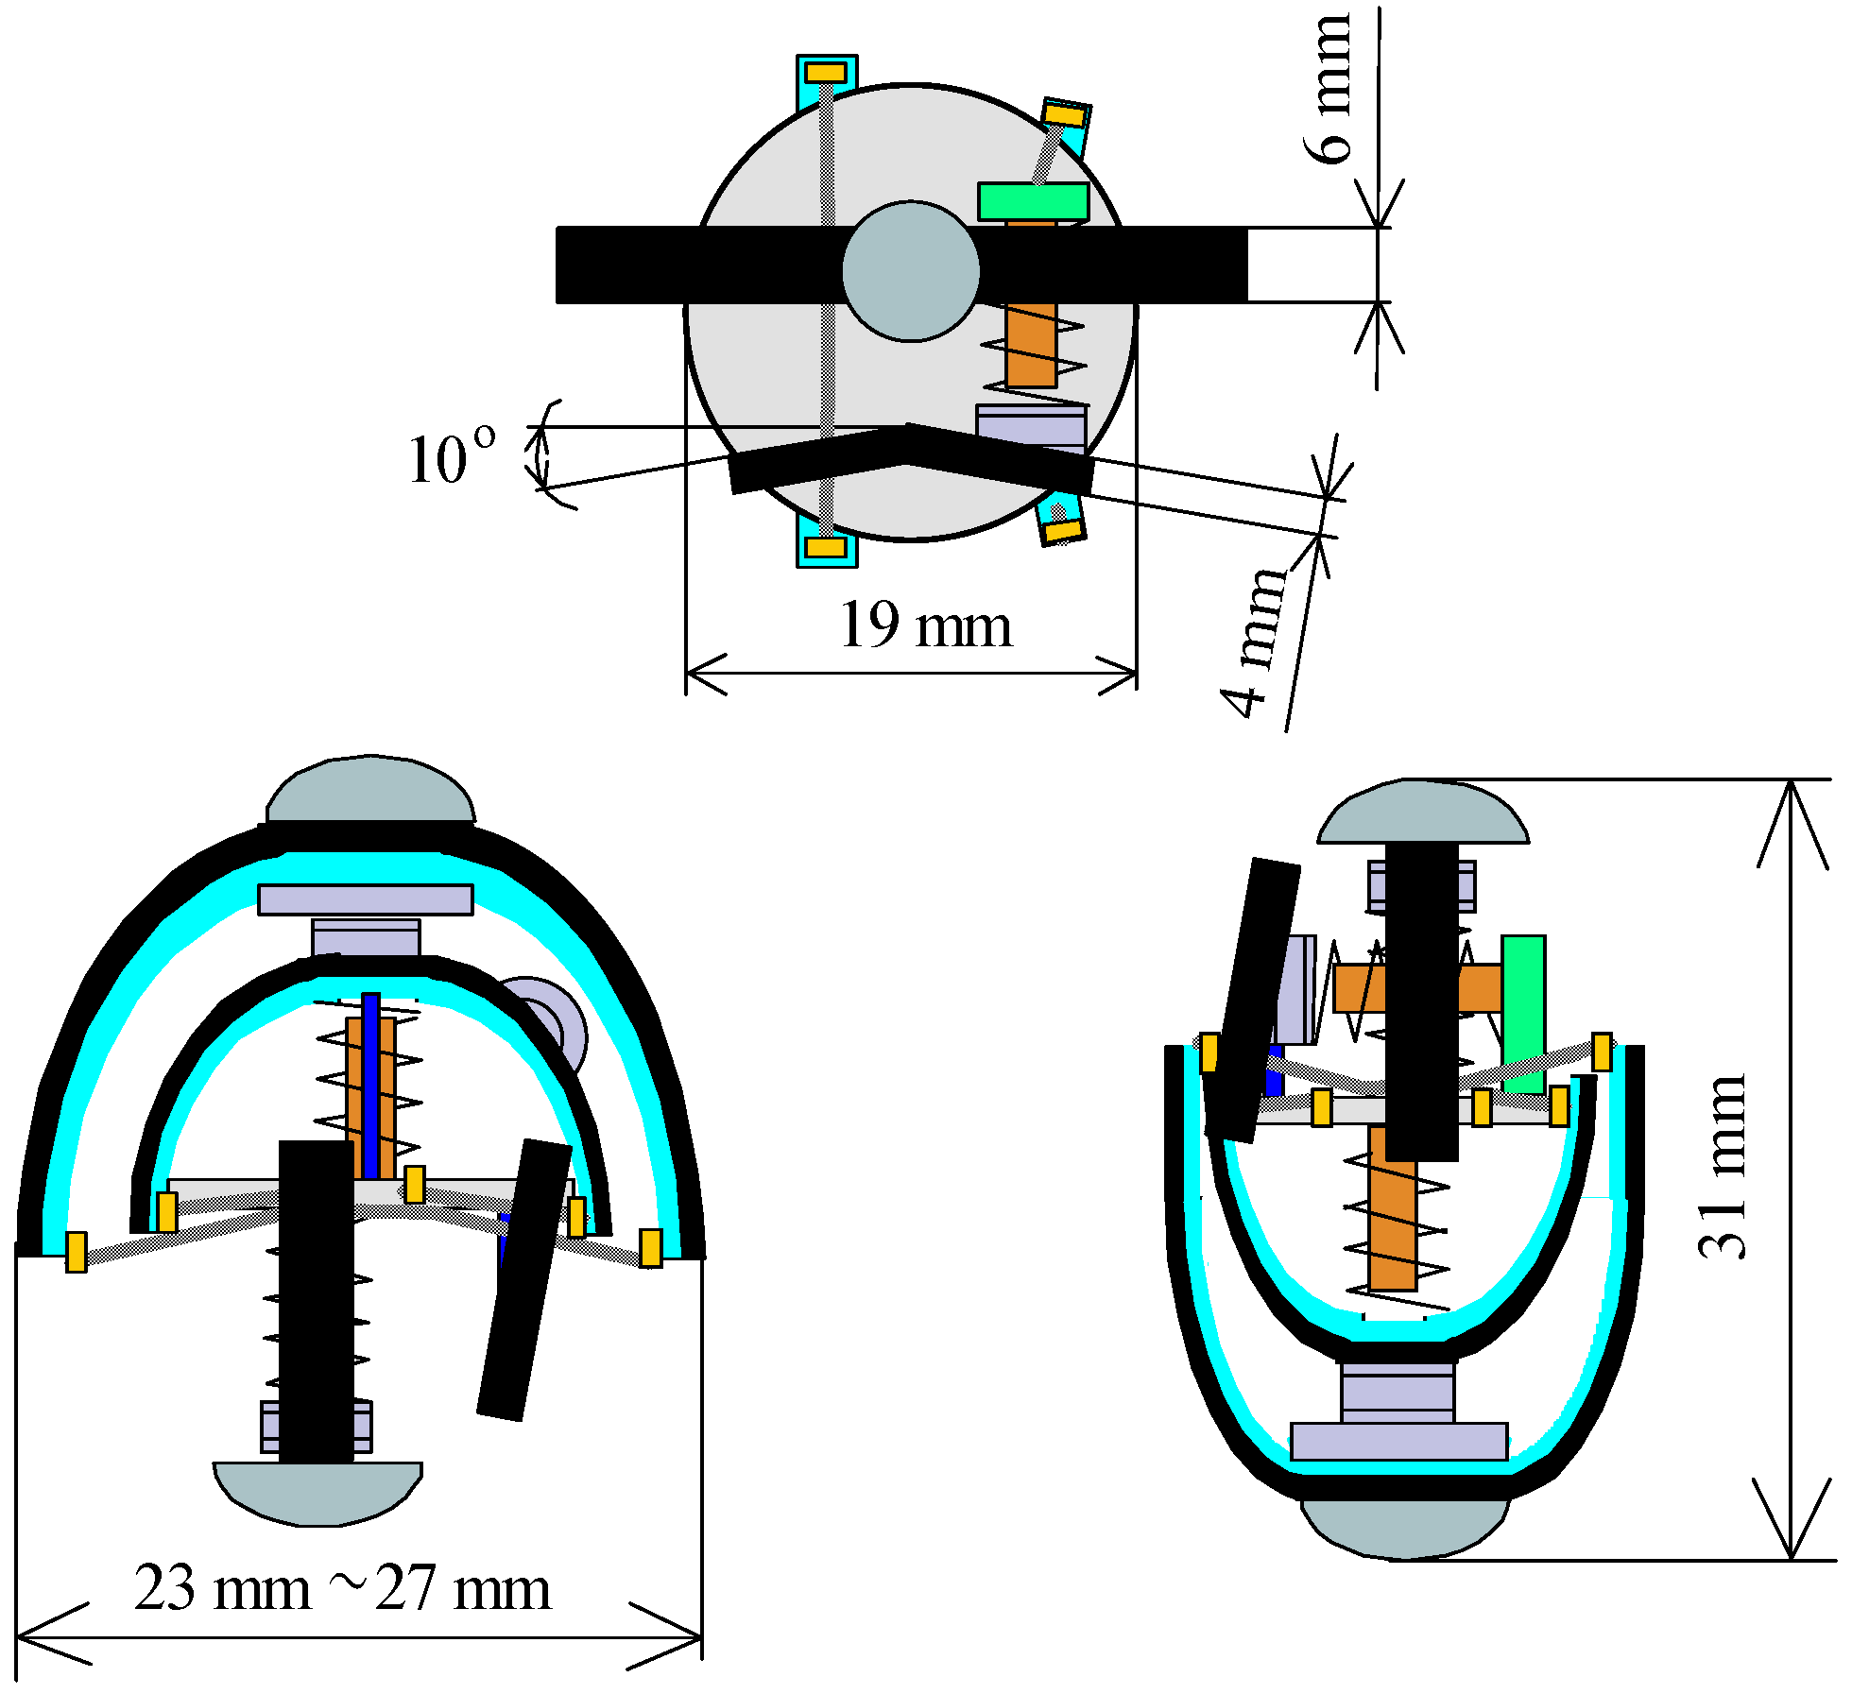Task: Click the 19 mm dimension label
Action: tap(925, 625)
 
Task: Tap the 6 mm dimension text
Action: tap(1329, 90)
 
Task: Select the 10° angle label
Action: tap(452, 458)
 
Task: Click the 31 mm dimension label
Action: tap(1722, 1167)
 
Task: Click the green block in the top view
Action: tap(1033, 201)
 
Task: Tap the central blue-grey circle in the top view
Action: tap(911, 271)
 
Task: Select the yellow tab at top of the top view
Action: tap(826, 73)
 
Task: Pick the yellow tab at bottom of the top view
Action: tap(826, 547)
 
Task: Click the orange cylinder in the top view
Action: tap(1031, 345)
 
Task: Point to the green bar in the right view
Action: tap(1523, 1011)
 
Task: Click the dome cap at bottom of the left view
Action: tap(318, 1491)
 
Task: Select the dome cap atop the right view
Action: tap(1422, 813)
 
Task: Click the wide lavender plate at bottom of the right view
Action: tap(1398, 1442)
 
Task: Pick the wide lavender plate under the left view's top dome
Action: tap(366, 899)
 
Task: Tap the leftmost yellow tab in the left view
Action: tap(77, 1252)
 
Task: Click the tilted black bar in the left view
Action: tap(524, 1280)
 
